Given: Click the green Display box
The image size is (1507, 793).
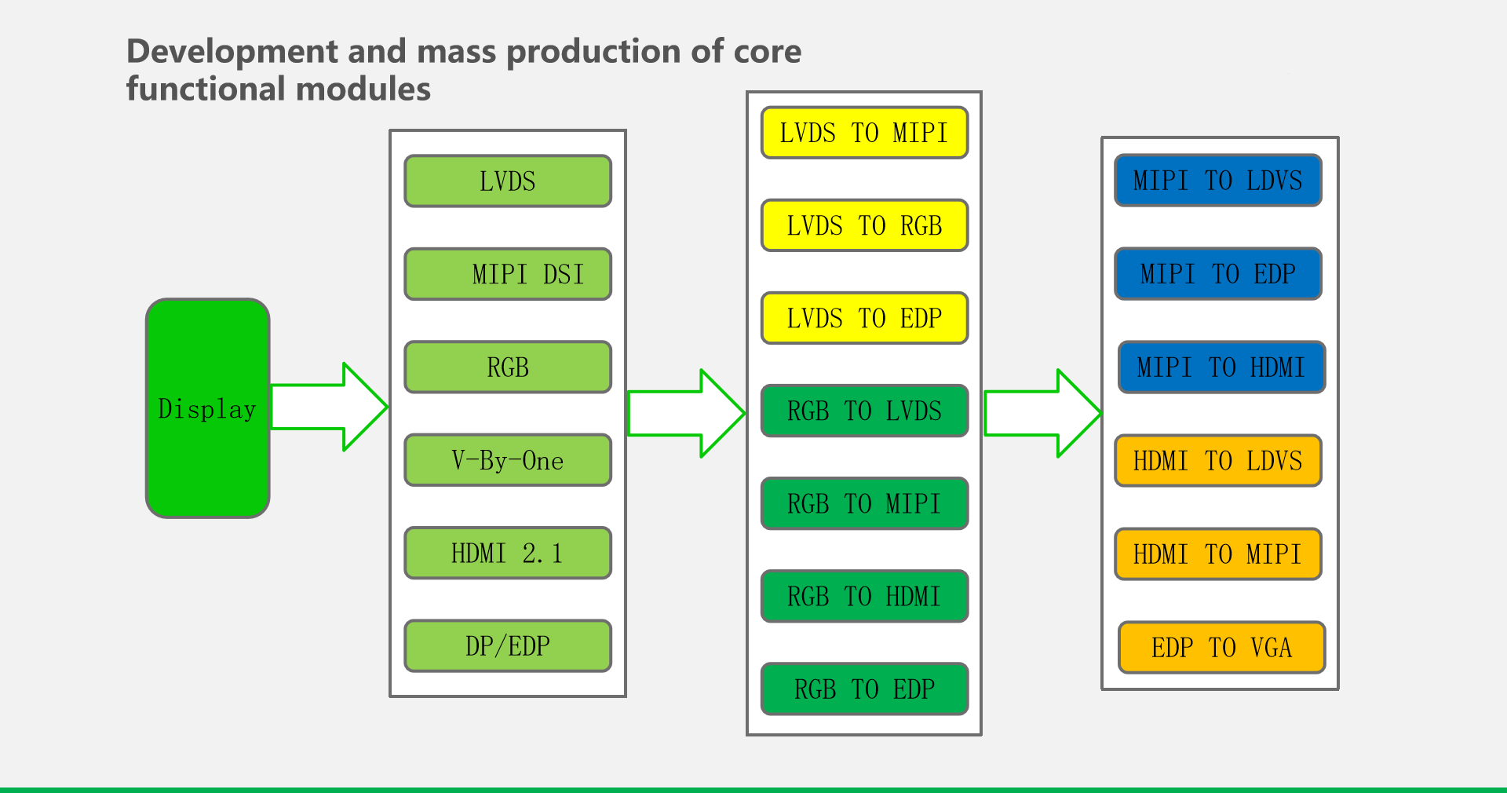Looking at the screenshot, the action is (208, 408).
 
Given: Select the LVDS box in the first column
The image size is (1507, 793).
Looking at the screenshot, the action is (508, 181).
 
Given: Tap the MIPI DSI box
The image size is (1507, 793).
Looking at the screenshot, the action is (508, 274).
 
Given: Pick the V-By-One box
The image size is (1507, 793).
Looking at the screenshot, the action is (508, 460).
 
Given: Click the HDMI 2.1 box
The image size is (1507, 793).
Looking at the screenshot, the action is (508, 553).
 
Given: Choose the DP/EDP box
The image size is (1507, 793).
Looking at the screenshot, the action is (508, 645).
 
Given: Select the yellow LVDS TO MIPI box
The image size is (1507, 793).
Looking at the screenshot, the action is (864, 133).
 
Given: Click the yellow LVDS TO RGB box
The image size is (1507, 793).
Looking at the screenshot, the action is (864, 225).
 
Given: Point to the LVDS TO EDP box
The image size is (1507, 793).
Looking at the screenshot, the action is (864, 318).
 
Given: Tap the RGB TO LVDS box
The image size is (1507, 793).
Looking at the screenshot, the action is (864, 411).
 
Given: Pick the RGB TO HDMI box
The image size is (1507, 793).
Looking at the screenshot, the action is (864, 596).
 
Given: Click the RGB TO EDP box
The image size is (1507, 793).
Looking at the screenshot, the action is (864, 689).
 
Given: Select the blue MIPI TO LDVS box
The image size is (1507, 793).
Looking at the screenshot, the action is (1218, 181).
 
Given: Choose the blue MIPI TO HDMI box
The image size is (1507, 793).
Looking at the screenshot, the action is (1221, 367).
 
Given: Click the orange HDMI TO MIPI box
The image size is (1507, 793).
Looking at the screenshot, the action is (1218, 554).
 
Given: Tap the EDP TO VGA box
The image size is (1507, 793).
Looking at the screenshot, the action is (1221, 647).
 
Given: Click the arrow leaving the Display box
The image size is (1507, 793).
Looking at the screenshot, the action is (330, 407).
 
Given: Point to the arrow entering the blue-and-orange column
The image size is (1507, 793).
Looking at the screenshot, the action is (1043, 413).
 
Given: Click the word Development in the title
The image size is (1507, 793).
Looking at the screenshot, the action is (233, 52).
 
